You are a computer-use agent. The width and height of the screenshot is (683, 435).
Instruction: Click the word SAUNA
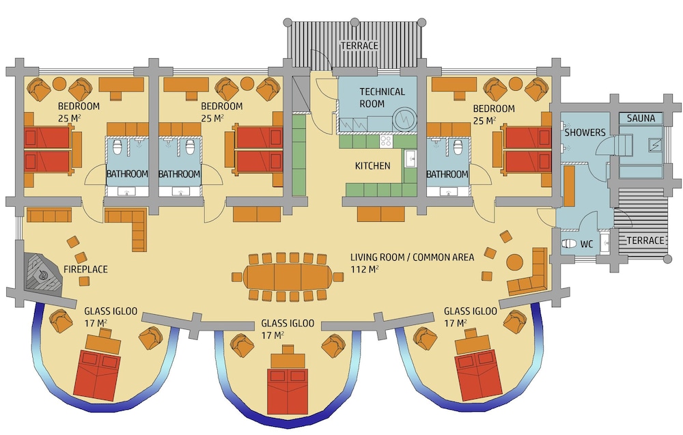(x=641, y=118)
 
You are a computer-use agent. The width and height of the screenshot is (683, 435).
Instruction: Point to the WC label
(x=587, y=244)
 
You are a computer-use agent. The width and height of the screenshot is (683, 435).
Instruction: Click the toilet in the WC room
(x=568, y=244)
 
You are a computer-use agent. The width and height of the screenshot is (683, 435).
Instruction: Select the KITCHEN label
(x=372, y=166)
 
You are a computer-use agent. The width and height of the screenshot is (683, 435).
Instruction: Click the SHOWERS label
(x=585, y=132)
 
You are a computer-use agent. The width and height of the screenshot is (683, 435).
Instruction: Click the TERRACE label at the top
(x=359, y=46)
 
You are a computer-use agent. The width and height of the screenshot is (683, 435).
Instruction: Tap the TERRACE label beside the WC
(x=645, y=240)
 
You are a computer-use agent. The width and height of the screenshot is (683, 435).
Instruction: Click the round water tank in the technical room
(x=405, y=118)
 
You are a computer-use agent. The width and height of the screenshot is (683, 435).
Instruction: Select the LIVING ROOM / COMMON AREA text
(x=412, y=257)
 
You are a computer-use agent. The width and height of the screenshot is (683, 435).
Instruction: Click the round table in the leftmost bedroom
(x=59, y=83)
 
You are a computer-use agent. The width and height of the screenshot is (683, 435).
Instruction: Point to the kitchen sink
(x=410, y=158)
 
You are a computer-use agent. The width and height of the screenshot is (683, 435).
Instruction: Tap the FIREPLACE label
(x=85, y=270)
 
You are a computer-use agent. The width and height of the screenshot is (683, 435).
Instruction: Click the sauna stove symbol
(x=655, y=145)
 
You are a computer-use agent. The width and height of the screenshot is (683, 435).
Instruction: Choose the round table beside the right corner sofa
(x=515, y=262)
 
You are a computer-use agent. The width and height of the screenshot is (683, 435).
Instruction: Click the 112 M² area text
(x=365, y=270)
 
